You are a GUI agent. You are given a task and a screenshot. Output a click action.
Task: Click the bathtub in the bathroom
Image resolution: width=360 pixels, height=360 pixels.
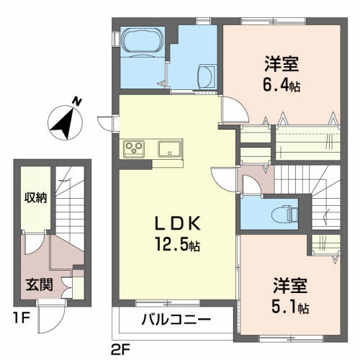point(143,42)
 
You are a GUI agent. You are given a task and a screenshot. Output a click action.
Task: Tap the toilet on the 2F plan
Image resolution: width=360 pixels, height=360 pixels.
point(285,213)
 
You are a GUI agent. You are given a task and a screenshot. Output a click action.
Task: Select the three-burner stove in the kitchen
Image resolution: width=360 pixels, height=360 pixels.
point(134,149)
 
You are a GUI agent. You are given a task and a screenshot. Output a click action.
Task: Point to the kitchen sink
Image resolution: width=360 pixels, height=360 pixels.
point(169,149)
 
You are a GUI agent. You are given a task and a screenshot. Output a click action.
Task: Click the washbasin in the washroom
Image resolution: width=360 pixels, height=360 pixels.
point(207,76)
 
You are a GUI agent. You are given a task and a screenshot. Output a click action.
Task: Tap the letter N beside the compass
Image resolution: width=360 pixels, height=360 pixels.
point(77,102)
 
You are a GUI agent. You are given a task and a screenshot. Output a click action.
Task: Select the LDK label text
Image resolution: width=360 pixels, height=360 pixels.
point(178,224)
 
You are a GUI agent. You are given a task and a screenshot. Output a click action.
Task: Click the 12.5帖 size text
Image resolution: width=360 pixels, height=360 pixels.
point(178,244)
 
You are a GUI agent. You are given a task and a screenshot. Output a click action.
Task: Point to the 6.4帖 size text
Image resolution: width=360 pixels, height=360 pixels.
point(282,85)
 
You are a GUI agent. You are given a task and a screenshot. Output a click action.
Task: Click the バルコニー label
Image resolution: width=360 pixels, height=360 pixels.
point(176,320)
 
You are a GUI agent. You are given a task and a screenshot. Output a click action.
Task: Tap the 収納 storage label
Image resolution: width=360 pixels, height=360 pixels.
point(36,198)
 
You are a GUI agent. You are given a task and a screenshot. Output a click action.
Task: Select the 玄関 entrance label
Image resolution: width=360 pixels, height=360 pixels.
point(39,285)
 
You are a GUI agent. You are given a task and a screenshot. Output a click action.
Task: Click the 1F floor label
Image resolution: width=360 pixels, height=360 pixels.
point(22,318)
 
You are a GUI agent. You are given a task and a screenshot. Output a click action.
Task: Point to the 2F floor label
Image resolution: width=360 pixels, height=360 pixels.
point(120,349)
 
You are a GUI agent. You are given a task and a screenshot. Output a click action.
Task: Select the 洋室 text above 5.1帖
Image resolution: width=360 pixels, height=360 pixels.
point(290,286)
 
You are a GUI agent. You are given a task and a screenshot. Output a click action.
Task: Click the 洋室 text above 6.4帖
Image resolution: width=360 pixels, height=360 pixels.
point(282,64)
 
